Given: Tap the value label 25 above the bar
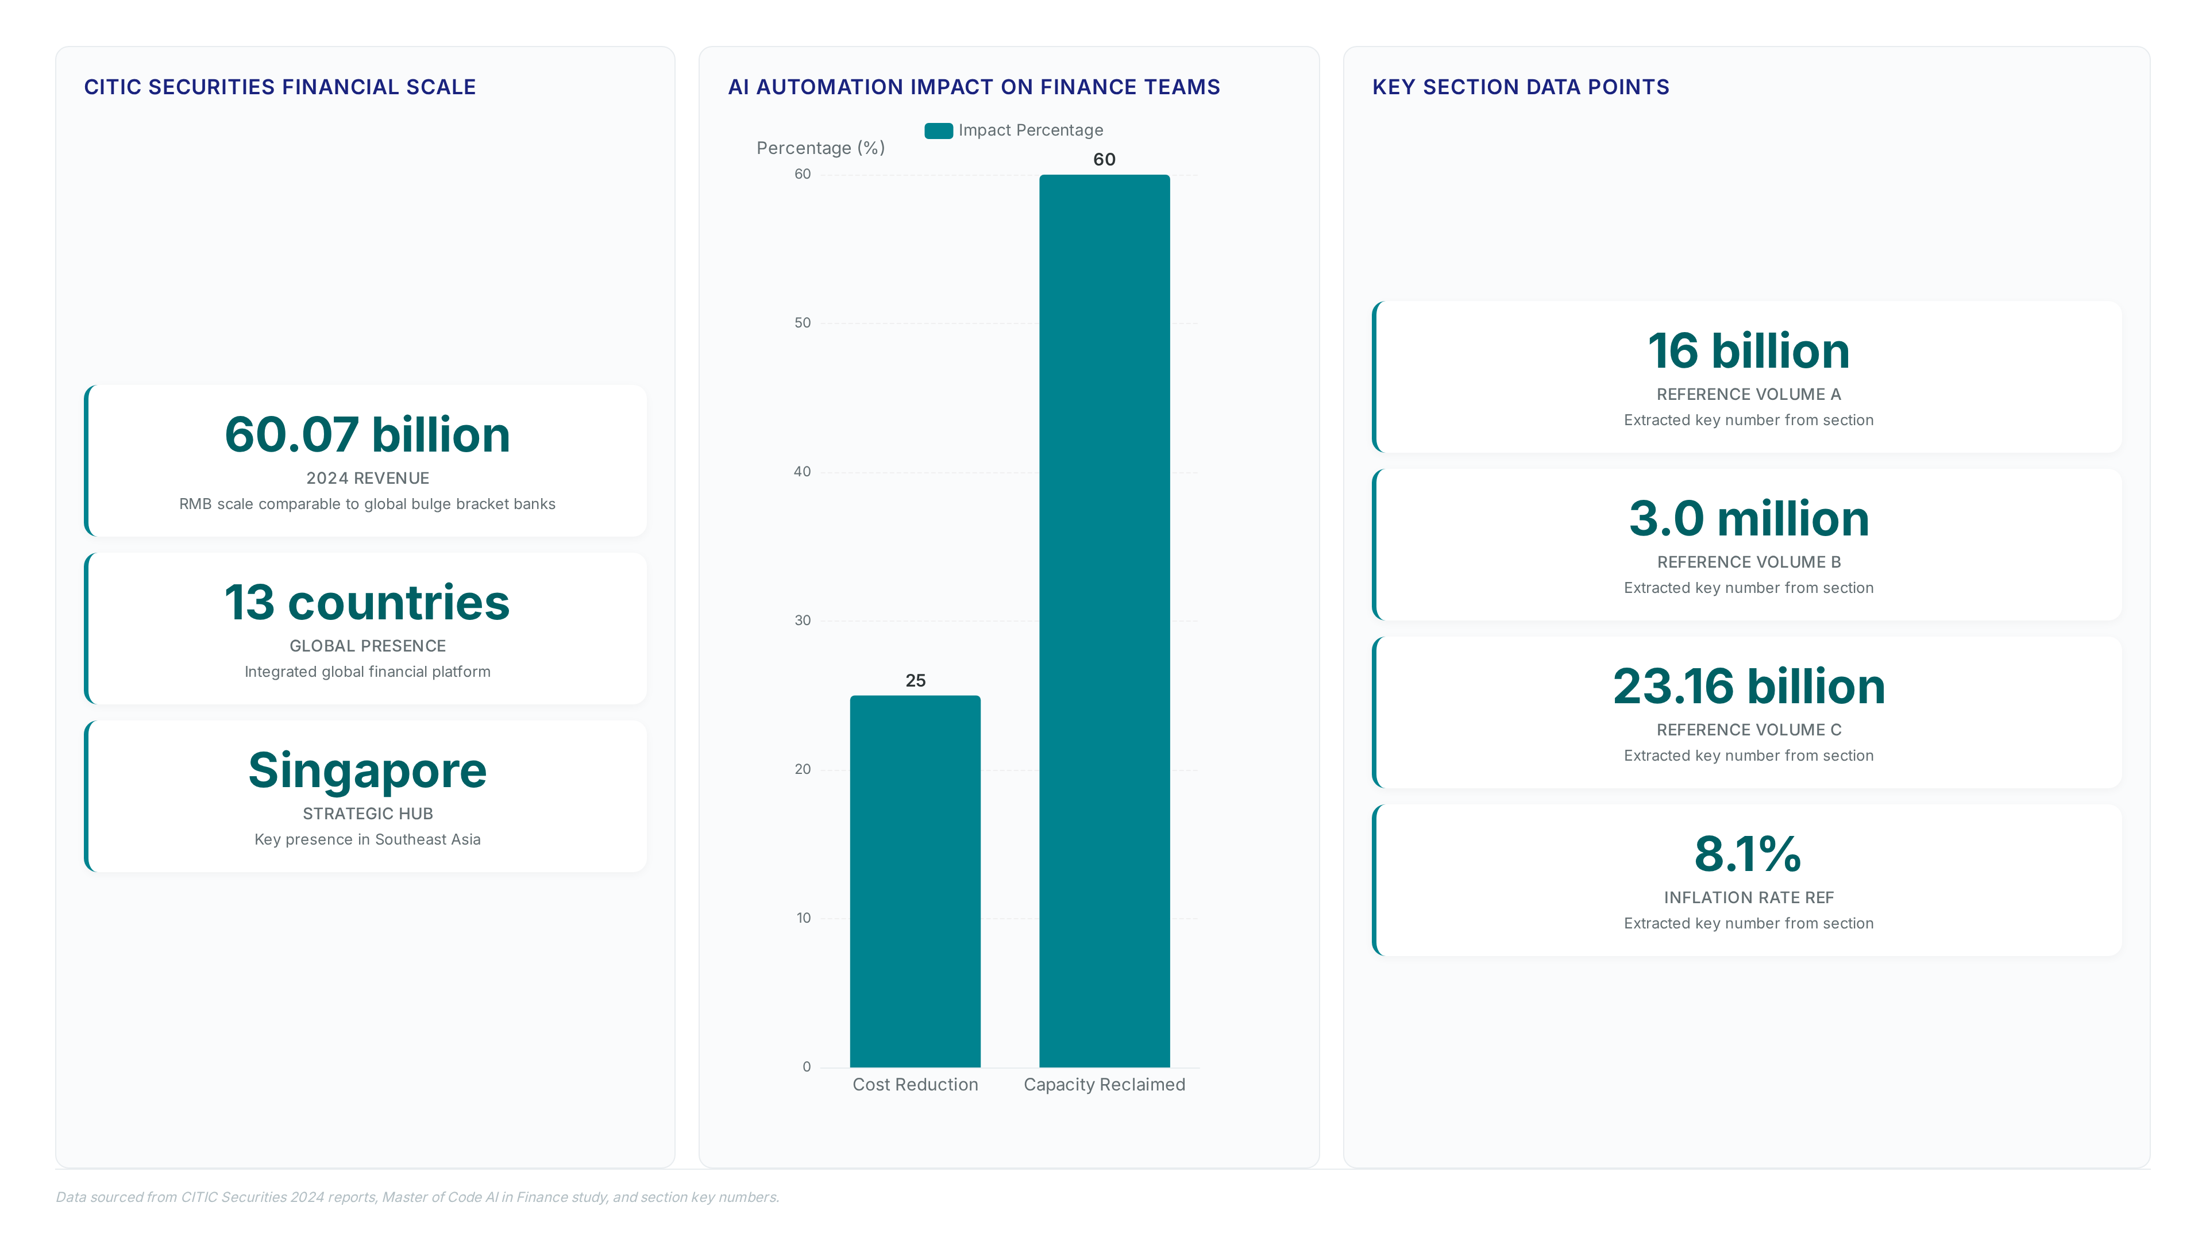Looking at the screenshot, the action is [x=916, y=681].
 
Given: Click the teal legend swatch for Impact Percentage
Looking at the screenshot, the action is [x=939, y=131].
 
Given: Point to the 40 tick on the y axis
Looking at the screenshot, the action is [x=803, y=472].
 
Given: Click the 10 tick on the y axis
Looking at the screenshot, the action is [x=803, y=918].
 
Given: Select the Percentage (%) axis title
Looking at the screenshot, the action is [x=820, y=148].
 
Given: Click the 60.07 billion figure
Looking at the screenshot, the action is [x=368, y=434].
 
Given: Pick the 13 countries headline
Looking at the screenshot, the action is [x=368, y=602].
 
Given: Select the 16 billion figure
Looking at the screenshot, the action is [x=1749, y=351].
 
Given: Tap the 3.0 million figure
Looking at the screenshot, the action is [x=1749, y=519].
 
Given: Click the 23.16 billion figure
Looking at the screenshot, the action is [x=1749, y=687].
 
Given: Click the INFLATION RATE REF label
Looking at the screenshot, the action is [x=1749, y=897].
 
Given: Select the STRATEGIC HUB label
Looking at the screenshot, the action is [x=368, y=814].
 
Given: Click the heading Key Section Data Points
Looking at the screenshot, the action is [x=1521, y=87].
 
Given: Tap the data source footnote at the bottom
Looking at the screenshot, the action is [x=418, y=1197].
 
